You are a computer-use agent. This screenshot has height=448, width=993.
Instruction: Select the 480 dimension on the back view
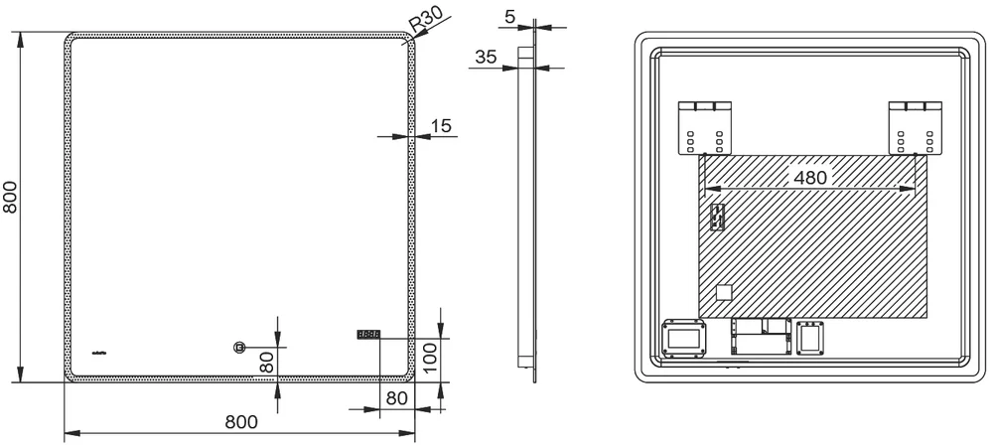808,177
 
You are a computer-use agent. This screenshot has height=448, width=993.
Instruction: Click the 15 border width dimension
441,125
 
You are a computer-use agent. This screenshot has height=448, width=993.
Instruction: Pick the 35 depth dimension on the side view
486,58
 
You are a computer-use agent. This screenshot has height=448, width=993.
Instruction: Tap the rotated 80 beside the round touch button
266,363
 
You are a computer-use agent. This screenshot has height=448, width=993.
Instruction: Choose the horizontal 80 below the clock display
397,398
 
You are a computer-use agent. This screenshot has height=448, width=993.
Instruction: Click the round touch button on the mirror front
238,347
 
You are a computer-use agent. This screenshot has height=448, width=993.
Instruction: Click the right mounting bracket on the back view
914,127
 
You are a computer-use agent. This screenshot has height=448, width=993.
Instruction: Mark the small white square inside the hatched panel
724,293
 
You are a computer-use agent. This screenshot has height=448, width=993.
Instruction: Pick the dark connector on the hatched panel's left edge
716,220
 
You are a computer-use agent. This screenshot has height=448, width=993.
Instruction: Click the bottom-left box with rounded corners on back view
683,338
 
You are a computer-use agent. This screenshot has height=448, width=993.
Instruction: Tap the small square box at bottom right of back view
811,338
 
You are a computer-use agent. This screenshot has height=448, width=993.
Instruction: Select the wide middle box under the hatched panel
761,337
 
